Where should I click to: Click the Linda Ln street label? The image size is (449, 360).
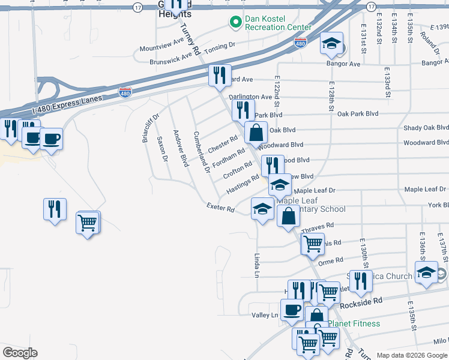(256, 265)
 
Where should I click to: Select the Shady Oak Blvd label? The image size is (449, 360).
(426, 128)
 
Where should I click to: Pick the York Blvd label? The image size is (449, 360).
(438, 205)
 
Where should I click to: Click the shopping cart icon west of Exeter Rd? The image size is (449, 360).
(88, 223)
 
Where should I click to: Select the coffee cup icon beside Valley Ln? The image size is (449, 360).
(292, 310)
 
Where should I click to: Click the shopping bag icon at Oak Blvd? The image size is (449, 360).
(256, 132)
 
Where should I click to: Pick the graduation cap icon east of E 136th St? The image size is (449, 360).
(426, 272)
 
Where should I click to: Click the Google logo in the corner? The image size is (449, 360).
(20, 353)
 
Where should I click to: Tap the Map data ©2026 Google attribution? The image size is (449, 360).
(411, 355)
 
